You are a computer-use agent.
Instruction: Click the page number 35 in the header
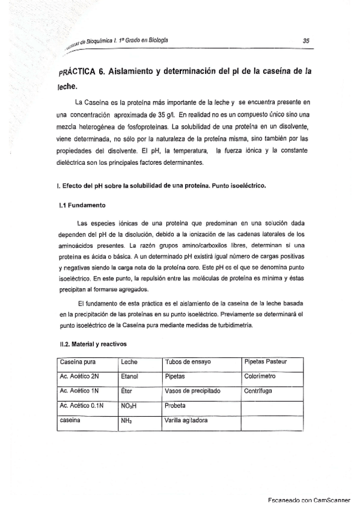point(306,41)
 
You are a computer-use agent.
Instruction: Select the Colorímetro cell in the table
point(260,376)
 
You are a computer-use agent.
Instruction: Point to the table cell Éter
point(127,391)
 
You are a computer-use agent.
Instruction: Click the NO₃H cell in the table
point(129,406)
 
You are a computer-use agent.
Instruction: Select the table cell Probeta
point(176,406)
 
